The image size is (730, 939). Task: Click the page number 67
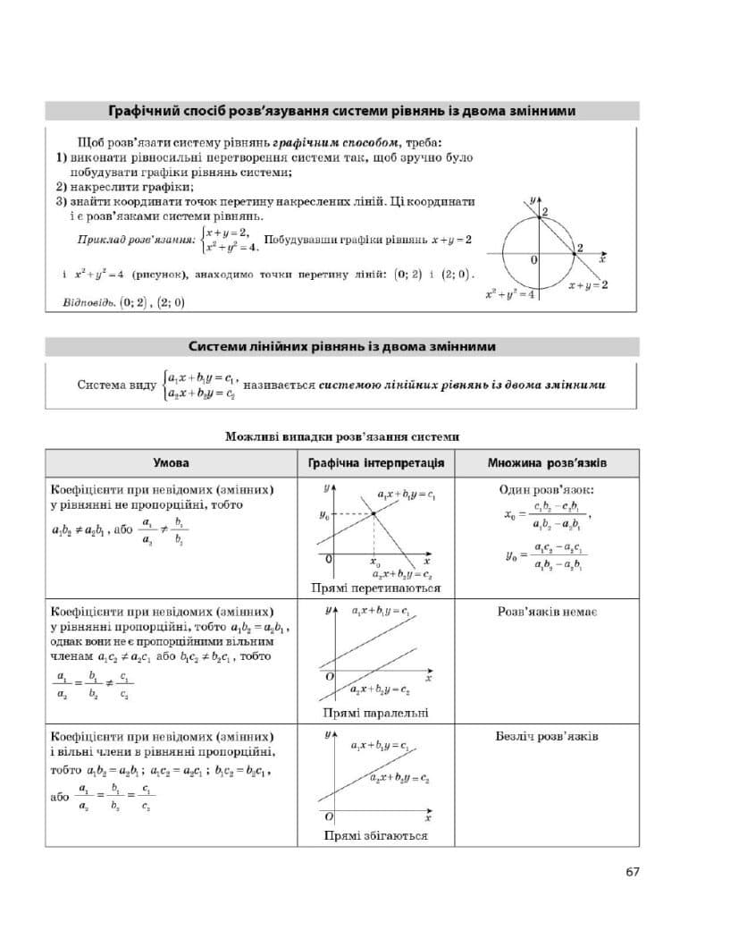tap(632, 872)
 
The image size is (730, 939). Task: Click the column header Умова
tap(171, 463)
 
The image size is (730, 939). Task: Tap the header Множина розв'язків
tap(547, 463)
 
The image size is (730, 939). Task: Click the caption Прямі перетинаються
tap(375, 588)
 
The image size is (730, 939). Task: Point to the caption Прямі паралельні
tap(375, 713)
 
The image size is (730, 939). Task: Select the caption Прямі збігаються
tap(375, 835)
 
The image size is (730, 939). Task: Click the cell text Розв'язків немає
tap(547, 613)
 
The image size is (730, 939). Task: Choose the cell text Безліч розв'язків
tap(547, 737)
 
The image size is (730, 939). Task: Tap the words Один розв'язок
tap(547, 490)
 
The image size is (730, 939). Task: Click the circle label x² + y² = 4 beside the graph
tap(508, 293)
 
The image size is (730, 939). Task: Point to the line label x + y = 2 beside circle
tap(588, 284)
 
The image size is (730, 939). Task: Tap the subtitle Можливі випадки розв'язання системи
tap(342, 436)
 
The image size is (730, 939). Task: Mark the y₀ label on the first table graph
tap(323, 515)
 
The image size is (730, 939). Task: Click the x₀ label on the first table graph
tap(374, 563)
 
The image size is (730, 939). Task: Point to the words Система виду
tap(116, 385)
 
